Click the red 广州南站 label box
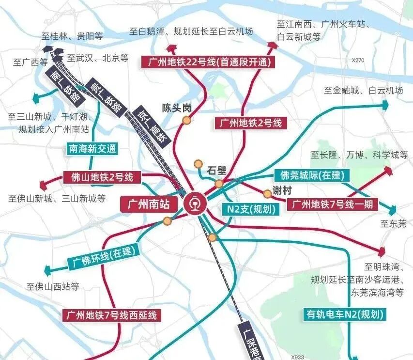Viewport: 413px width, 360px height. pos(148,204)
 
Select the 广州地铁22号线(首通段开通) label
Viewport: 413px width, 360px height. pos(205,62)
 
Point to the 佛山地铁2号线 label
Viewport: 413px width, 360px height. pos(102,177)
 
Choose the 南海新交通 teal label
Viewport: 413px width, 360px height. pos(92,149)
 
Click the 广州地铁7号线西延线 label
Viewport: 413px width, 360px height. pos(112,315)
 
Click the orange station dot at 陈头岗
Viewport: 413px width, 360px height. pos(186,121)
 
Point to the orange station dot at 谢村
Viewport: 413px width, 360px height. pos(267,194)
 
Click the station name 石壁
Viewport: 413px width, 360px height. pos(216,171)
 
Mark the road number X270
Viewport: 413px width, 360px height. pos(358,61)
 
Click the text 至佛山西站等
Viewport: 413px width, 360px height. pos(53,286)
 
